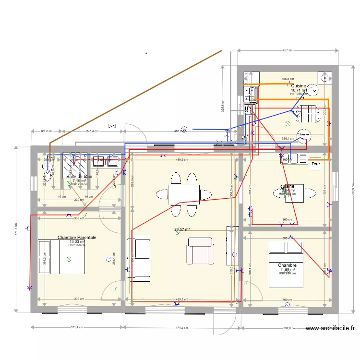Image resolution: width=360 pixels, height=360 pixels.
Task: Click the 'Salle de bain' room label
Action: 79,177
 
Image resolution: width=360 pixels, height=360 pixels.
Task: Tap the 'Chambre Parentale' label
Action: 77,238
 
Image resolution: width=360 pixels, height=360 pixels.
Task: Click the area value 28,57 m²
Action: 182,230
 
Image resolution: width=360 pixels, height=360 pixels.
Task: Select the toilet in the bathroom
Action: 48,170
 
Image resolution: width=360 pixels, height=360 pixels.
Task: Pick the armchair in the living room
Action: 201,251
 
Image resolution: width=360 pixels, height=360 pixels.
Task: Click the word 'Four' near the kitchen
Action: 315,164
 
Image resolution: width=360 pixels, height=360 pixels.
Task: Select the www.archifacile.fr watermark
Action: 330,329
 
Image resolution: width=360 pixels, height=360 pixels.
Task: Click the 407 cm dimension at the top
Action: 288,50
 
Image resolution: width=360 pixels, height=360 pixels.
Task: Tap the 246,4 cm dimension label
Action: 92,131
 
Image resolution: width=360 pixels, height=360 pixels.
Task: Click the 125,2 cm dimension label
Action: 47,131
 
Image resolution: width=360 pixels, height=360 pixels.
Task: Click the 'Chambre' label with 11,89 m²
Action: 287,265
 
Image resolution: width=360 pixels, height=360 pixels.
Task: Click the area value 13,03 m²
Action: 77,242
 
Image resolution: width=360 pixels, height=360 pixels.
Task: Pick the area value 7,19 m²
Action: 79,181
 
